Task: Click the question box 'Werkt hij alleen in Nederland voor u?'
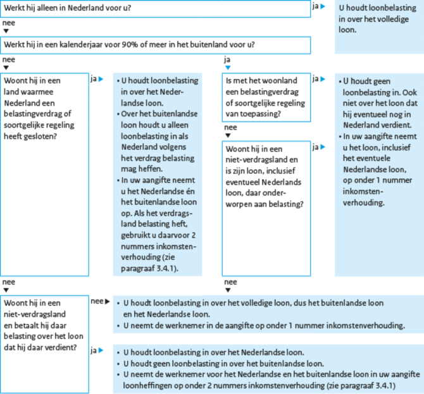point(155,9)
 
